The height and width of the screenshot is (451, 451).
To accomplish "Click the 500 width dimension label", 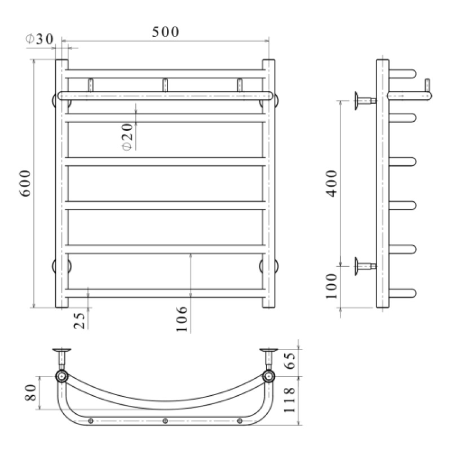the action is (165, 32).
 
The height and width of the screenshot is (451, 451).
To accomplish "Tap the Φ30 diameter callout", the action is (39, 39).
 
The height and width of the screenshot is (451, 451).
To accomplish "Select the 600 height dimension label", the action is (25, 183).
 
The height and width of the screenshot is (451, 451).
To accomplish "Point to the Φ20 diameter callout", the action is (127, 137).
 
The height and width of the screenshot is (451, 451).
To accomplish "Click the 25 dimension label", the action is (79, 320).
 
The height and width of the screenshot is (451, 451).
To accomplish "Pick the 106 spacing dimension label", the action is (181, 319).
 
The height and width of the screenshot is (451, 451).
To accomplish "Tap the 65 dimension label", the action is (289, 361).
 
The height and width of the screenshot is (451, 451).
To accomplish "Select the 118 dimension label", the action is (289, 400).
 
